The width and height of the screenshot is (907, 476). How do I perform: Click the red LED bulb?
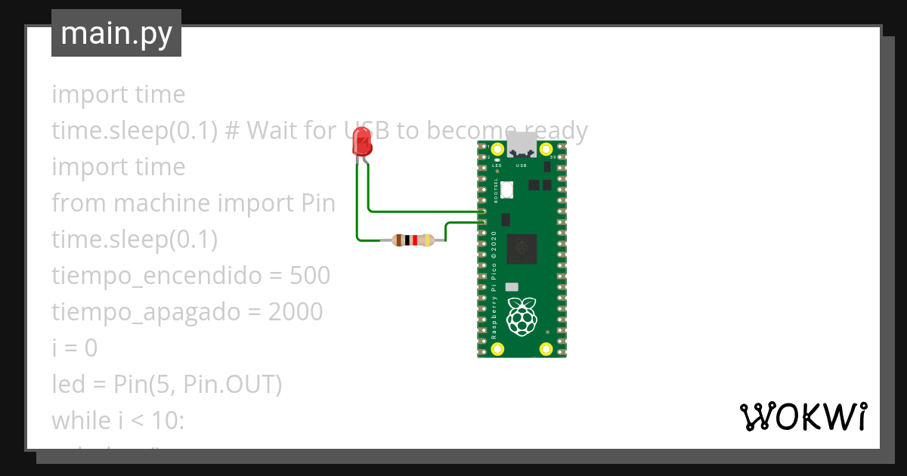[x=363, y=142]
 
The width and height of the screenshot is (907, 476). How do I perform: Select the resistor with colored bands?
[x=412, y=241]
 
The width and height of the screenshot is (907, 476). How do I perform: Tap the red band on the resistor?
[x=414, y=241]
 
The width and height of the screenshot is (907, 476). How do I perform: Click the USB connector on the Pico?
[x=522, y=144]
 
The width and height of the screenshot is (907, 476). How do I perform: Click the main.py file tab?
[x=116, y=33]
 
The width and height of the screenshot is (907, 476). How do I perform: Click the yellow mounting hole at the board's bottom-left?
[x=497, y=348]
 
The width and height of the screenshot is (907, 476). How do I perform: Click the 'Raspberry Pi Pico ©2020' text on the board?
[x=494, y=283]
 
